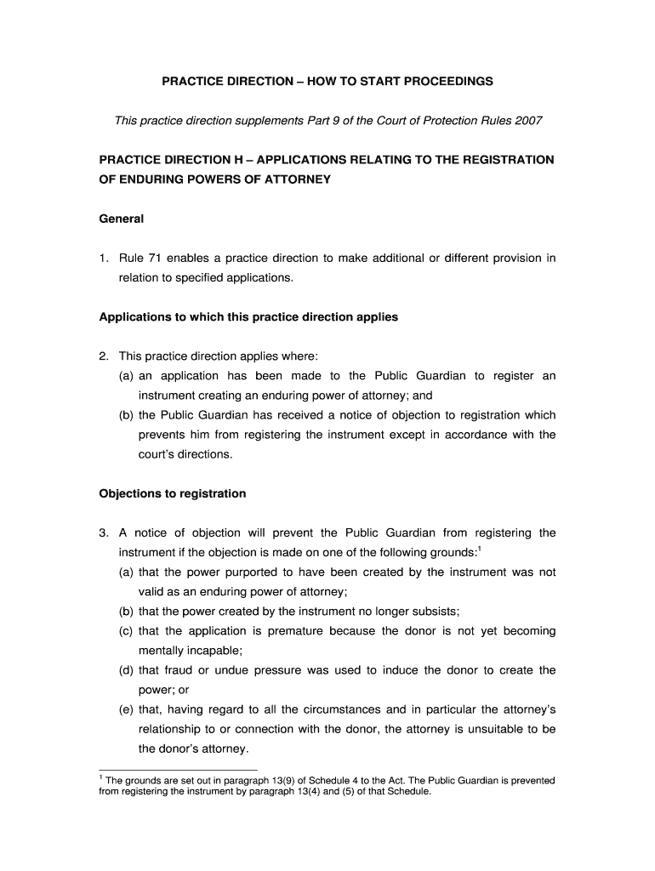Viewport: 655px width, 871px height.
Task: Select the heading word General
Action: (x=122, y=219)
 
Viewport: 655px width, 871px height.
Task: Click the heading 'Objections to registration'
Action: (x=173, y=493)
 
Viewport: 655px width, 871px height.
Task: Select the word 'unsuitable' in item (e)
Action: (x=497, y=729)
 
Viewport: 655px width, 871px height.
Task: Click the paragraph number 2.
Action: (x=103, y=356)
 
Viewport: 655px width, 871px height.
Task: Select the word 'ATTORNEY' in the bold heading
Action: (x=292, y=179)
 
